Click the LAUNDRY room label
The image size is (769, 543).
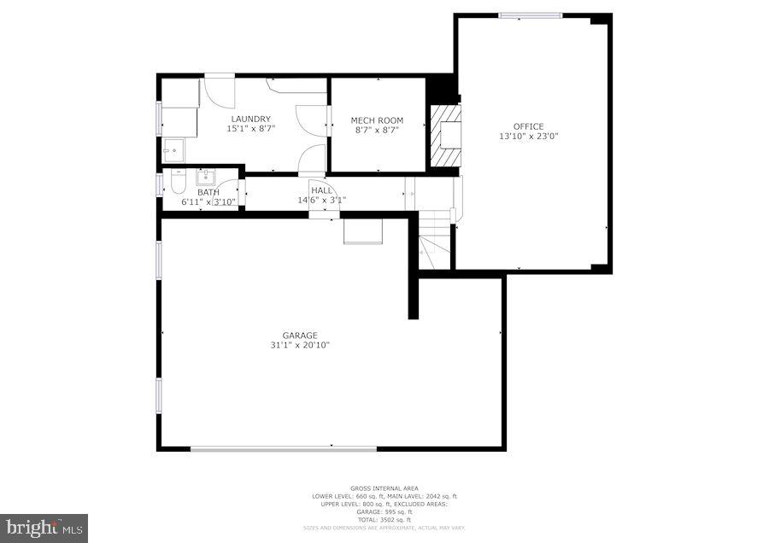[249, 119]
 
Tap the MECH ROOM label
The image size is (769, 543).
[377, 120]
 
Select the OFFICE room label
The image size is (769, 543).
[528, 126]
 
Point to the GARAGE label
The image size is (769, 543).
[300, 336]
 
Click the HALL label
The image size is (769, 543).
[321, 190]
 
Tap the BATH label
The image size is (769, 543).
[208, 193]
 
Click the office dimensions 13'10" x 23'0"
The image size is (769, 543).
[528, 137]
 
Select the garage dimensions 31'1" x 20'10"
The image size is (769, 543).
[300, 345]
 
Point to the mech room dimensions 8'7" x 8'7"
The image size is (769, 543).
[377, 131]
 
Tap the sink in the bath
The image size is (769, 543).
[207, 178]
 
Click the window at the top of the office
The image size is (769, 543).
[531, 15]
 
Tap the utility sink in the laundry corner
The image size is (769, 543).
[174, 150]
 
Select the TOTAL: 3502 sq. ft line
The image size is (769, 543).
[384, 519]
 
